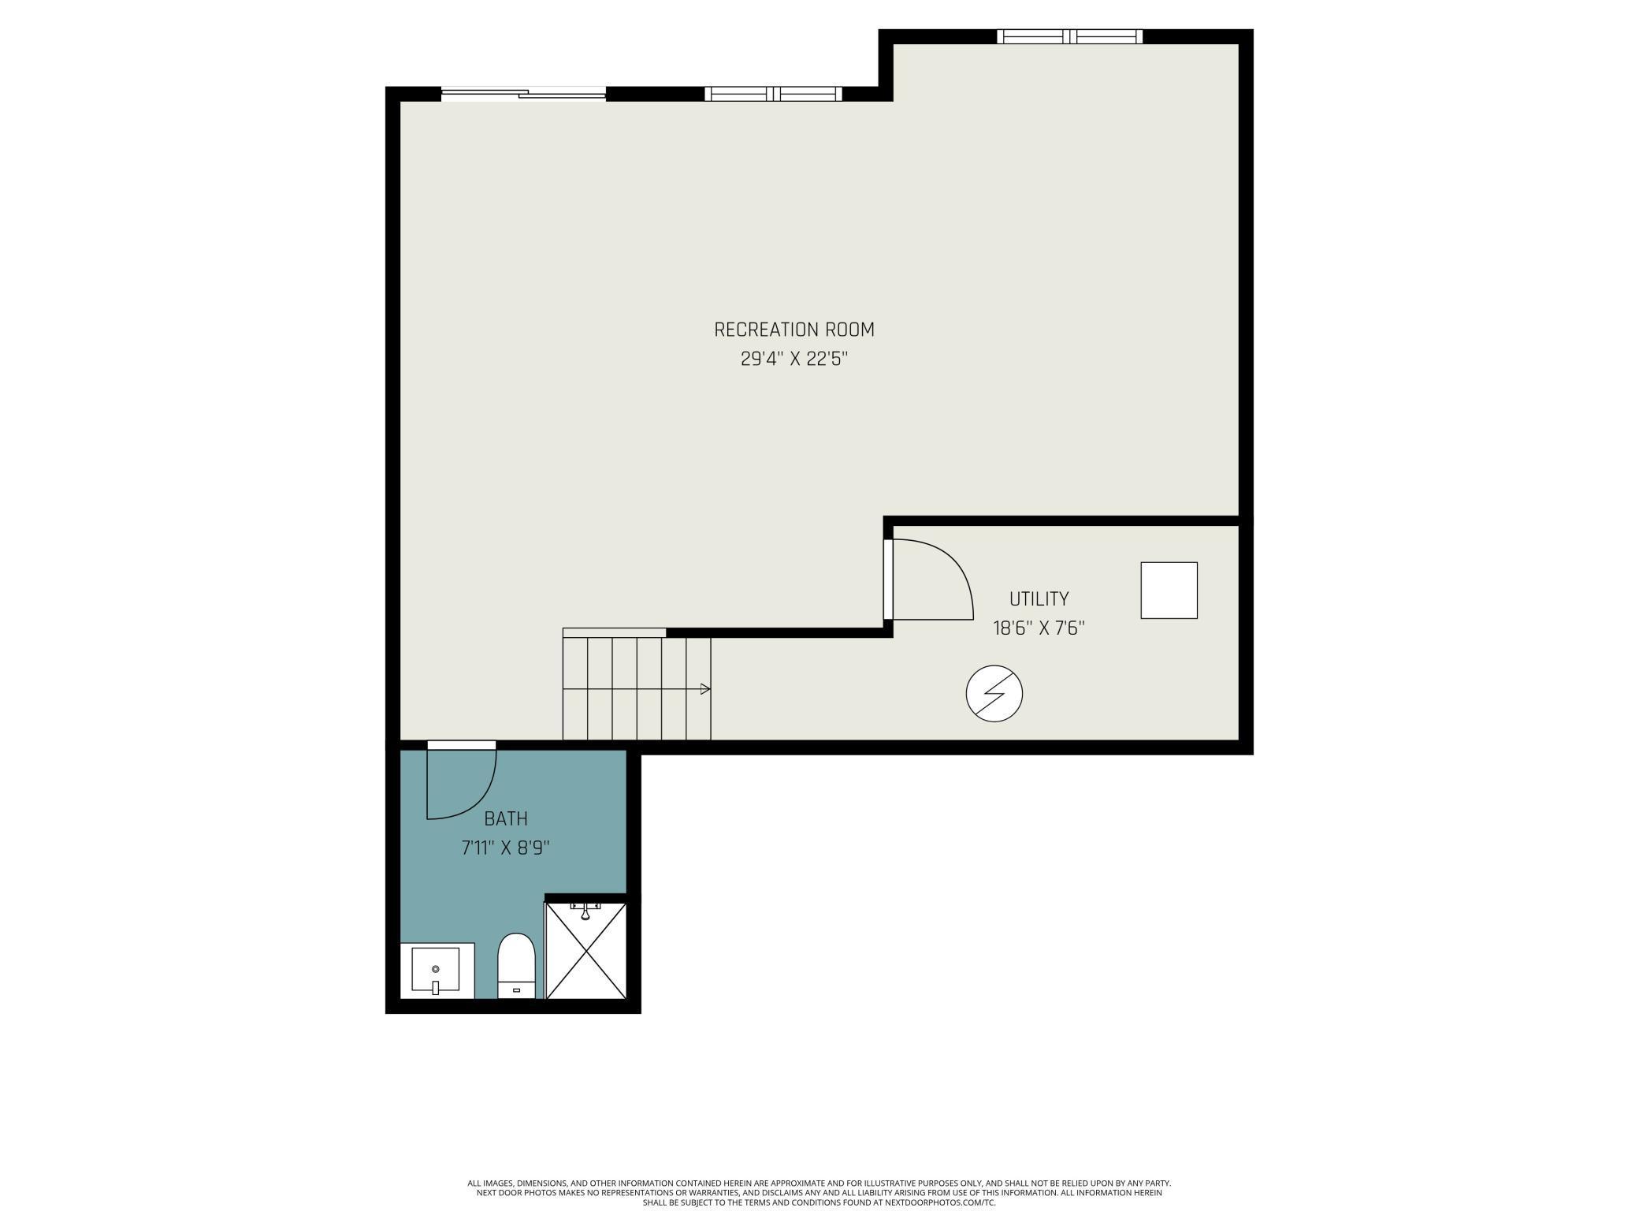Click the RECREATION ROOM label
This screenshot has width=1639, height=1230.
pyautogui.click(x=793, y=330)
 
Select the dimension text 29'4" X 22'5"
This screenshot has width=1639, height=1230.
pyautogui.click(x=793, y=360)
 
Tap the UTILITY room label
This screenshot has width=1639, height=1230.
pyautogui.click(x=1039, y=598)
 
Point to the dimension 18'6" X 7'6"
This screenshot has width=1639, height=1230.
pyautogui.click(x=1039, y=628)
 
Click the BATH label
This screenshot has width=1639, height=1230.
pyautogui.click(x=505, y=818)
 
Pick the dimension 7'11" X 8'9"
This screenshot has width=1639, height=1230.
pyautogui.click(x=505, y=848)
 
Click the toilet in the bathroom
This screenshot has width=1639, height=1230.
pyautogui.click(x=516, y=965)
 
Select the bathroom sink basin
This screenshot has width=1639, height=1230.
pyautogui.click(x=435, y=970)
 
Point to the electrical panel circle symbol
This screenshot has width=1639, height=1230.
pyautogui.click(x=994, y=694)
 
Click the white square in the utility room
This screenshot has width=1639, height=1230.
pyautogui.click(x=1169, y=590)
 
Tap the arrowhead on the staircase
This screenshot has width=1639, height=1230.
pyautogui.click(x=705, y=689)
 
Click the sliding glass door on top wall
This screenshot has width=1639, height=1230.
pyautogui.click(x=522, y=95)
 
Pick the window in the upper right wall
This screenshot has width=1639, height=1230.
pyautogui.click(x=1069, y=36)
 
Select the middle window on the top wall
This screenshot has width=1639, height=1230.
pyautogui.click(x=773, y=94)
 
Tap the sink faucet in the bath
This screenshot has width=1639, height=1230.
pyautogui.click(x=435, y=987)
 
